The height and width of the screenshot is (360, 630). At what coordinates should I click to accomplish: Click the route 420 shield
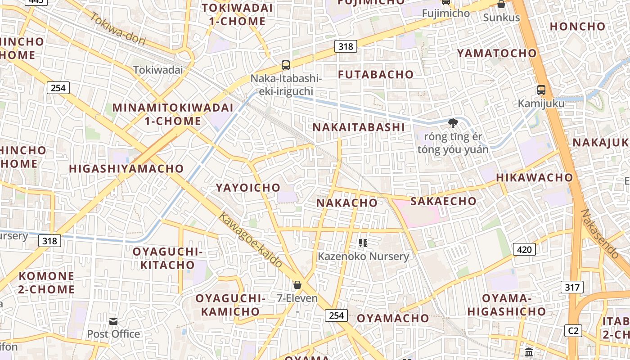[x=525, y=249]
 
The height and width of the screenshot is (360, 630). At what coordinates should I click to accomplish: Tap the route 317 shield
[x=572, y=287]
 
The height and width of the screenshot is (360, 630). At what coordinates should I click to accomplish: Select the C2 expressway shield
[x=573, y=330]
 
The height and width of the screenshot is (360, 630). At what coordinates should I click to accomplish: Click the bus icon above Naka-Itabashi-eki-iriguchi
[x=286, y=65]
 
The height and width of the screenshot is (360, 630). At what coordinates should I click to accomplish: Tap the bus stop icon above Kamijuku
[x=541, y=90]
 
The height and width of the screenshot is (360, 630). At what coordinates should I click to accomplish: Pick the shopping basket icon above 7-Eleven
[x=297, y=285]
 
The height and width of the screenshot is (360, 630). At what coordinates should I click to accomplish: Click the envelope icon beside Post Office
[x=113, y=321]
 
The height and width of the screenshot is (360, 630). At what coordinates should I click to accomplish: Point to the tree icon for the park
[x=453, y=123]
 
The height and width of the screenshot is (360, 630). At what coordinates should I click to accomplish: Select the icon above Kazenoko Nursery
[x=363, y=243]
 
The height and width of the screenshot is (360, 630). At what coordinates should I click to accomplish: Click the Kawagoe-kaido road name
[x=250, y=239]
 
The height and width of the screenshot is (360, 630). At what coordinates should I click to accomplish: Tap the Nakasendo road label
[x=600, y=234]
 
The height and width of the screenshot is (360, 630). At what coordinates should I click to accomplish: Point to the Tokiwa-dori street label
[x=118, y=29]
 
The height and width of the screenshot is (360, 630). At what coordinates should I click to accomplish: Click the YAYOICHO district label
[x=248, y=188]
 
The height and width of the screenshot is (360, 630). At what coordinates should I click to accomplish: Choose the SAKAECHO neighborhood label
[x=443, y=201]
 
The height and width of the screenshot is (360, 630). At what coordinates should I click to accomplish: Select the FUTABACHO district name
[x=376, y=74]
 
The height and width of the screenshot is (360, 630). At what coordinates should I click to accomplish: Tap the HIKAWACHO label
[x=534, y=178]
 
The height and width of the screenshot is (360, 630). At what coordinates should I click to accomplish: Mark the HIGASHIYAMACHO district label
[x=126, y=169]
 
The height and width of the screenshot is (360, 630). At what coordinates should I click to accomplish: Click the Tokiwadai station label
[x=158, y=70]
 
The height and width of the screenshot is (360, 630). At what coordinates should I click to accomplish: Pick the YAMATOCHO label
[x=497, y=53]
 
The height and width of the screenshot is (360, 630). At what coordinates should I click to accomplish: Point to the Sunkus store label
[x=501, y=18]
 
